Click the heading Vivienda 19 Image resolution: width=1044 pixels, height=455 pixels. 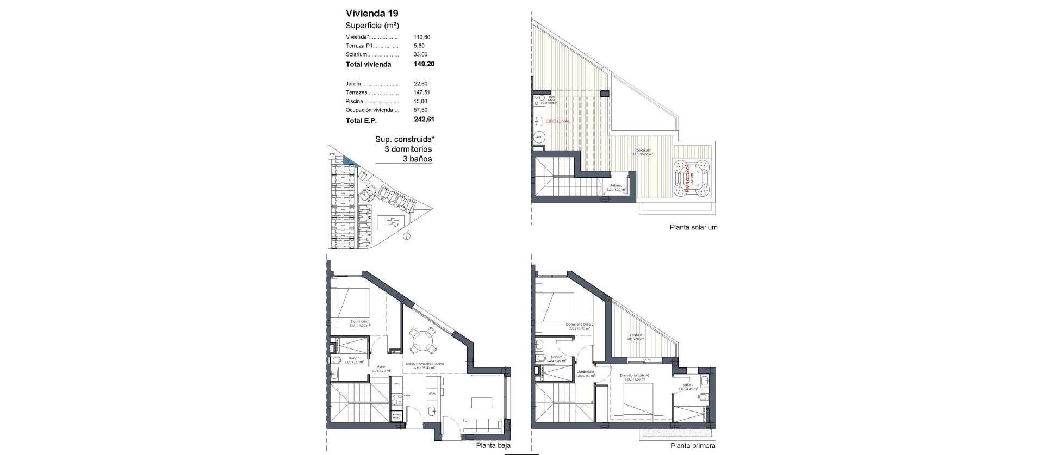pos(372,13)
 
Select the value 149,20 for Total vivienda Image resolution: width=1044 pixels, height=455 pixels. pos(424,64)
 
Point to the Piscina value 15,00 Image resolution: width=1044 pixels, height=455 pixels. pos(420,101)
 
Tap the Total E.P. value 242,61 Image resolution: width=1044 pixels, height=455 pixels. pos(424,120)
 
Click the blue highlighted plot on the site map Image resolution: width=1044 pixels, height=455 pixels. pos(347,160)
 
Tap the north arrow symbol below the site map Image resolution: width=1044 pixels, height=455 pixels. pos(406,236)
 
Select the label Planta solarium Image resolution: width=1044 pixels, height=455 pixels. pos(693,227)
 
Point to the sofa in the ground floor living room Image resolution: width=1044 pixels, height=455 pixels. pos(483,425)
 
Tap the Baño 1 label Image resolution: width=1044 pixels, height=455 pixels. pos(353,359)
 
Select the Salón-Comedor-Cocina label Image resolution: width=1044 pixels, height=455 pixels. pos(425,364)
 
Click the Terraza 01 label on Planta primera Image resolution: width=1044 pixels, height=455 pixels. pos(635,335)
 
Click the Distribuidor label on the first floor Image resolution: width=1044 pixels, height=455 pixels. pos(585,372)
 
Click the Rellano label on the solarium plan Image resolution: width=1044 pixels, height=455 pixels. pos(616,186)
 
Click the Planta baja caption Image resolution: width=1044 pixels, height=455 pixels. pos(493,445)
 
